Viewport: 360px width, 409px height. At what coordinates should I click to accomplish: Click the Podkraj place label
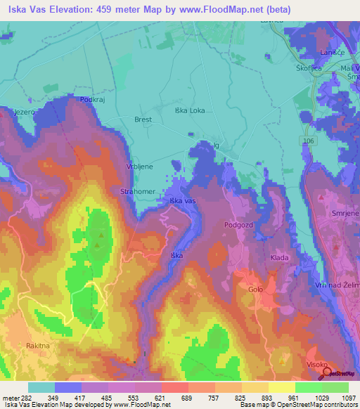92,100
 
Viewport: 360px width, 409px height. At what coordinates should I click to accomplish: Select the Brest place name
143,119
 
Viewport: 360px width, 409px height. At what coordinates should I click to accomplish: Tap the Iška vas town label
183,201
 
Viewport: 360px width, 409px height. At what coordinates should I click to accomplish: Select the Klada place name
280,259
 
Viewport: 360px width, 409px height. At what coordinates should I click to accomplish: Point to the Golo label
255,289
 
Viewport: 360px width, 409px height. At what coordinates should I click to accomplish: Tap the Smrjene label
345,212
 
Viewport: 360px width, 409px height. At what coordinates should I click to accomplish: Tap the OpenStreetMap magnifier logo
327,372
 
